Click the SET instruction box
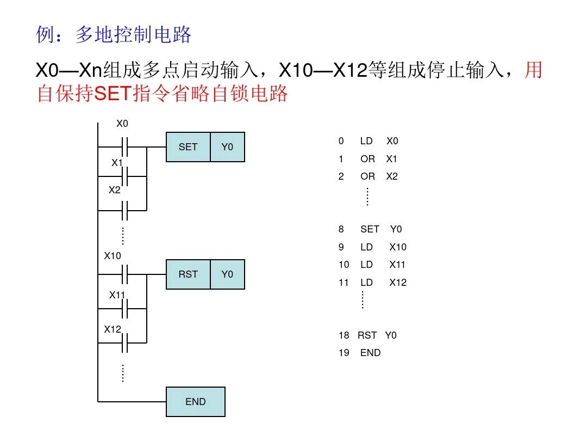click(x=188, y=147)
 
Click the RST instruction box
click(x=188, y=274)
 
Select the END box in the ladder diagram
click(x=196, y=402)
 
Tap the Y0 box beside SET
click(x=227, y=147)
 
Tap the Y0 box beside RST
click(x=227, y=274)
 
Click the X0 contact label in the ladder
click(x=122, y=124)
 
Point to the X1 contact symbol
click(x=124, y=176)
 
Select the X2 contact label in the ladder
click(x=115, y=190)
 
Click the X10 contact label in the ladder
click(x=113, y=255)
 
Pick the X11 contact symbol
click(x=124, y=309)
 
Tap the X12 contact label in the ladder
click(x=113, y=329)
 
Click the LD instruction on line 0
click(x=366, y=141)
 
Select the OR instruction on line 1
click(x=367, y=159)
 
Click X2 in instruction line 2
click(x=392, y=176)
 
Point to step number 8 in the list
click(x=341, y=229)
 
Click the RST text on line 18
click(x=367, y=335)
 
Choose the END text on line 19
click(x=370, y=353)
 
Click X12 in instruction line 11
click(x=398, y=283)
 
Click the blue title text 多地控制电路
click(x=133, y=35)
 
